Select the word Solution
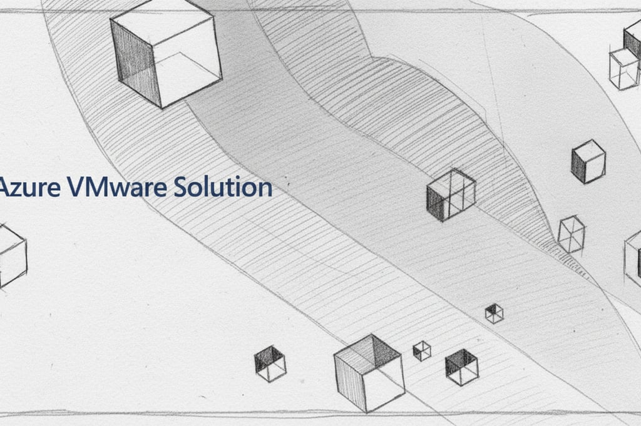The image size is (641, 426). coord(223,187)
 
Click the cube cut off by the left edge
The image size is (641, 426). coord(11,255)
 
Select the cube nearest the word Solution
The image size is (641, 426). coord(451,195)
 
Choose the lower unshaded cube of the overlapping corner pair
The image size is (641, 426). coord(623,69)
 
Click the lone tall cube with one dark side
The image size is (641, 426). coord(588,161)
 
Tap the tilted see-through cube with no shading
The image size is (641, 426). coord(571,234)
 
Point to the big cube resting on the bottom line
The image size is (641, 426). coord(369,373)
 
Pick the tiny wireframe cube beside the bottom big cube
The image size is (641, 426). coord(422,350)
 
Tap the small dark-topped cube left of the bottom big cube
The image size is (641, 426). coord(270,363)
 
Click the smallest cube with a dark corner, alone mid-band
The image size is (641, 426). coord(494,313)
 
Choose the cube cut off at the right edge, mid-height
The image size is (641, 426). coord(633,258)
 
